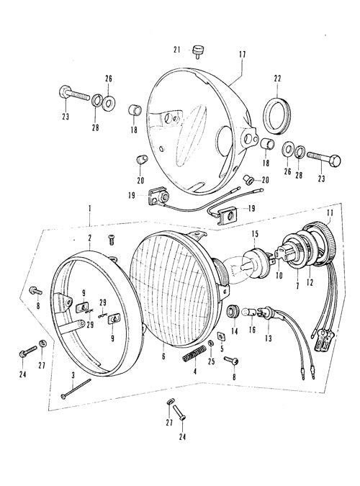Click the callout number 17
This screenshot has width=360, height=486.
(x=243, y=55)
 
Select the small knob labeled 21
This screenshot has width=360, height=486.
(x=197, y=50)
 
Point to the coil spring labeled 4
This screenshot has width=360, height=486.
(x=194, y=353)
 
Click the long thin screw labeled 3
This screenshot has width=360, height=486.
(x=76, y=388)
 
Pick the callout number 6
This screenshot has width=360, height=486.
(x=163, y=356)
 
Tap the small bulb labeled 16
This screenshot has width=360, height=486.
(x=251, y=311)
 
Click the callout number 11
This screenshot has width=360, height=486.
(x=330, y=213)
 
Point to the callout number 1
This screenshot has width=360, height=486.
(x=89, y=210)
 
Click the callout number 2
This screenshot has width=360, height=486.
(x=89, y=238)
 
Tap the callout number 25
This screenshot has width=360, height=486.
(x=211, y=361)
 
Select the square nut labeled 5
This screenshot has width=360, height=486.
(x=221, y=336)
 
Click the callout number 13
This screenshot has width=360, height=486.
(x=269, y=338)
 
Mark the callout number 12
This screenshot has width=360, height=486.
(x=310, y=282)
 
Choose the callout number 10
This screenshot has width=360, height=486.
(x=279, y=274)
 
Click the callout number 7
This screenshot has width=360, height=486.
(x=297, y=286)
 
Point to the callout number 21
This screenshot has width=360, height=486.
(x=176, y=50)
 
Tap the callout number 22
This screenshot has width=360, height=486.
(x=277, y=78)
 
